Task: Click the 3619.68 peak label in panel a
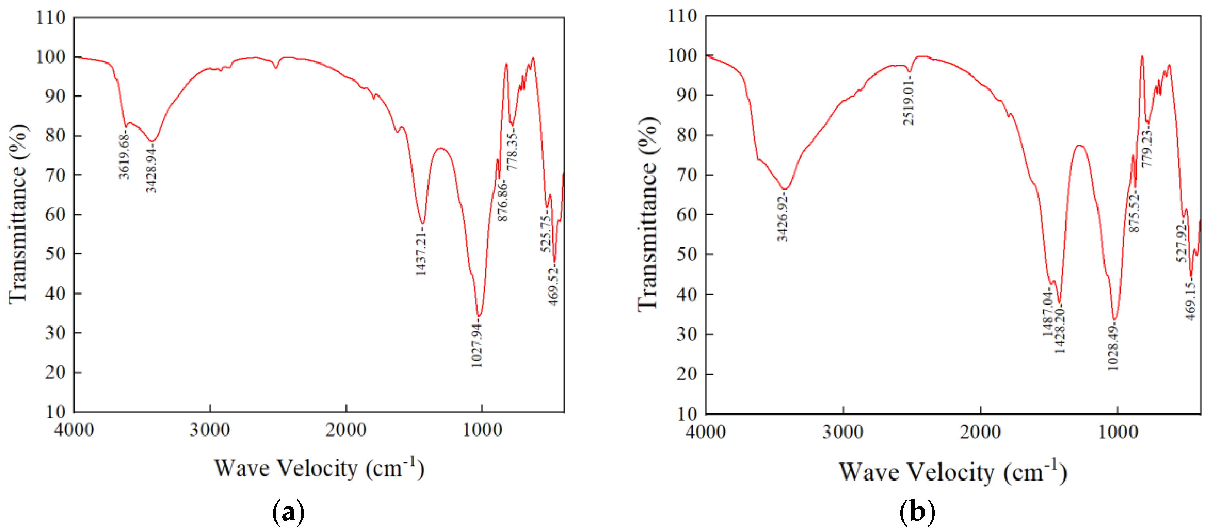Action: tap(124, 155)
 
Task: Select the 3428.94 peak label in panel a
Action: tap(151, 169)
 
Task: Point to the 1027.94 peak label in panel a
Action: tap(477, 345)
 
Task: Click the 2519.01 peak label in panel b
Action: tap(909, 102)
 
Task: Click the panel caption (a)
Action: tap(288, 512)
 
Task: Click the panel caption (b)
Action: tap(917, 512)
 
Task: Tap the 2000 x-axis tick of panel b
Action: tap(980, 432)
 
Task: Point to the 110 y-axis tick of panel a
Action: tap(51, 18)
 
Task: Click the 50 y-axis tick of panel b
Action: tap(687, 254)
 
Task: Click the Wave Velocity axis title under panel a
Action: tap(320, 468)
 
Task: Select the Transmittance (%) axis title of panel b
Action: tap(648, 214)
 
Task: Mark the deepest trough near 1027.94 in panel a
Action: tap(479, 316)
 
